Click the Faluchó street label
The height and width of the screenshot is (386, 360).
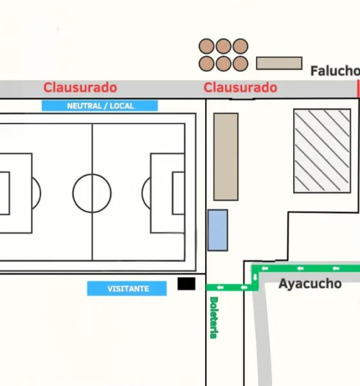click(335, 71)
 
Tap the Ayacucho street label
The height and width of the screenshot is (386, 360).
click(310, 284)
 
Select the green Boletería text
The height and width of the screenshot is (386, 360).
click(214, 318)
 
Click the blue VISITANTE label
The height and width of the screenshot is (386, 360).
click(127, 288)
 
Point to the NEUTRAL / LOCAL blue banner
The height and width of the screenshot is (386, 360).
click(100, 106)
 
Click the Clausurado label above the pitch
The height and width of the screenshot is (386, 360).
click(80, 87)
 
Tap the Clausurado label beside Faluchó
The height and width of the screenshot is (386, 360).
click(240, 87)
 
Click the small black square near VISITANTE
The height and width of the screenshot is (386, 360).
click(186, 284)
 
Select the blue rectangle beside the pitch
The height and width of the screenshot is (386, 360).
click(218, 230)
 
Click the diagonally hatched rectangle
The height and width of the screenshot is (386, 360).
click(322, 151)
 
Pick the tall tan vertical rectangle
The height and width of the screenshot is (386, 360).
click(226, 157)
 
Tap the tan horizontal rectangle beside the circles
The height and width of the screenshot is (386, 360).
click(279, 63)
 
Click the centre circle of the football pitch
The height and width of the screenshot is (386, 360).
click(92, 174)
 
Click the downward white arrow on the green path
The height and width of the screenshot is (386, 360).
click(255, 277)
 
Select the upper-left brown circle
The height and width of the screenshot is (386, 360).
click(206, 46)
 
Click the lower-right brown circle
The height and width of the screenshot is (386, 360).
click(240, 64)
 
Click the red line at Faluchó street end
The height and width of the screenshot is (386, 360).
click(358, 89)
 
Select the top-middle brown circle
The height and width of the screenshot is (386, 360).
click(224, 46)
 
